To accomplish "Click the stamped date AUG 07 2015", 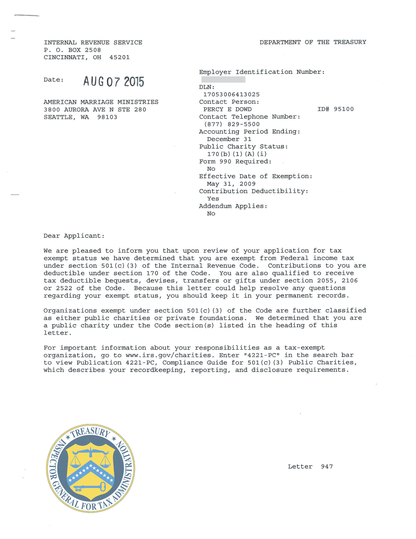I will (113, 82).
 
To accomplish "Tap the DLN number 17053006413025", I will (231, 94).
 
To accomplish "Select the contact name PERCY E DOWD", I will (227, 109).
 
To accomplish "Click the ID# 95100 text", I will (335, 109).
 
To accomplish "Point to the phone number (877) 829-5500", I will (232, 124).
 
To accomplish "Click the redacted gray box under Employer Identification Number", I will (223, 79).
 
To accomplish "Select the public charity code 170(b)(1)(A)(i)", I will (237, 154).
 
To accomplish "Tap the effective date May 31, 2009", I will (231, 184).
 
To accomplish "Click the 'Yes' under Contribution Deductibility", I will (213, 199).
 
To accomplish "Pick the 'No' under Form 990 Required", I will (211, 169).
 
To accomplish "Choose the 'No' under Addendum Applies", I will (211, 214).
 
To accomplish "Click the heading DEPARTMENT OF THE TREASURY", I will (313, 42).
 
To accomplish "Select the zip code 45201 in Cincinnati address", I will (120, 57).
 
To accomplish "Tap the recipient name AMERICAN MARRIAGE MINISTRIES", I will (101, 102).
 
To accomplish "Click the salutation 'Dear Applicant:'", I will (74, 236).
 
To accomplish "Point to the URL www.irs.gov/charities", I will (168, 355).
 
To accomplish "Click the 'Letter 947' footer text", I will (310, 466).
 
